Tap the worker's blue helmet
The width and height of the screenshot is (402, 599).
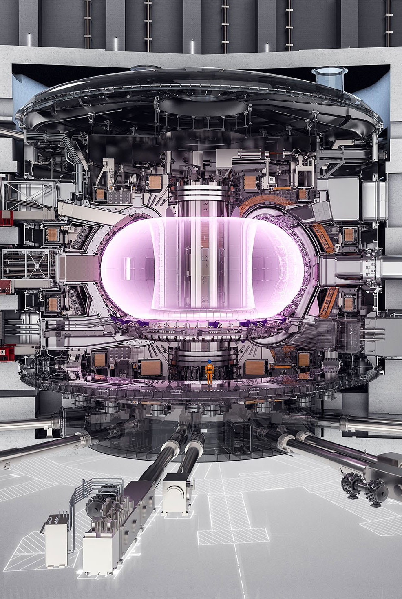209,362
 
